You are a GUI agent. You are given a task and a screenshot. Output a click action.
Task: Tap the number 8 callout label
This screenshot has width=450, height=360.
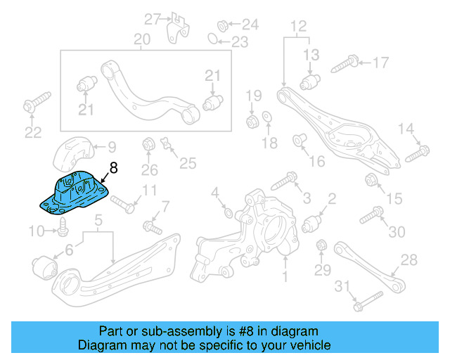(114, 169)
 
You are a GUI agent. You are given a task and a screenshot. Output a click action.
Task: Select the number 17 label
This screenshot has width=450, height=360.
(380, 63)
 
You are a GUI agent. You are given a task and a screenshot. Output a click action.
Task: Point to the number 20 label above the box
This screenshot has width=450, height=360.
(141, 39)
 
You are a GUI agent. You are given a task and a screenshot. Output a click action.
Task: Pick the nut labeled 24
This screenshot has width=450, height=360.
(220, 25)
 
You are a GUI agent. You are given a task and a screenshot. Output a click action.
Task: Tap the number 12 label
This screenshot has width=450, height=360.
(298, 27)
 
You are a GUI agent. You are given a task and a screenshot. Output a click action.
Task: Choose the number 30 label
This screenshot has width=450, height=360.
(397, 231)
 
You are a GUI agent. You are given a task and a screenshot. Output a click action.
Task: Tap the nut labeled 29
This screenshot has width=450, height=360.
(322, 246)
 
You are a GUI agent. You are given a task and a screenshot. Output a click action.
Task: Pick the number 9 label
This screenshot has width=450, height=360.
(112, 148)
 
